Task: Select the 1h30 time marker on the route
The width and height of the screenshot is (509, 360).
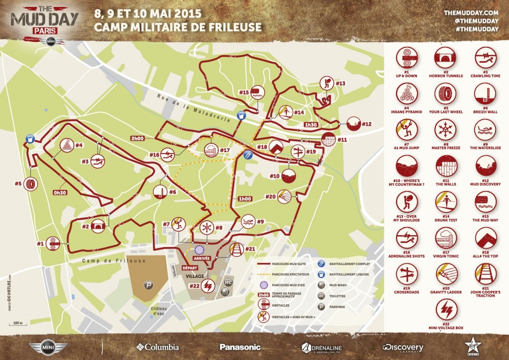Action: [x=311, y=124]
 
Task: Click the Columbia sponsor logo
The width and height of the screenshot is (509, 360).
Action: [x=157, y=347]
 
